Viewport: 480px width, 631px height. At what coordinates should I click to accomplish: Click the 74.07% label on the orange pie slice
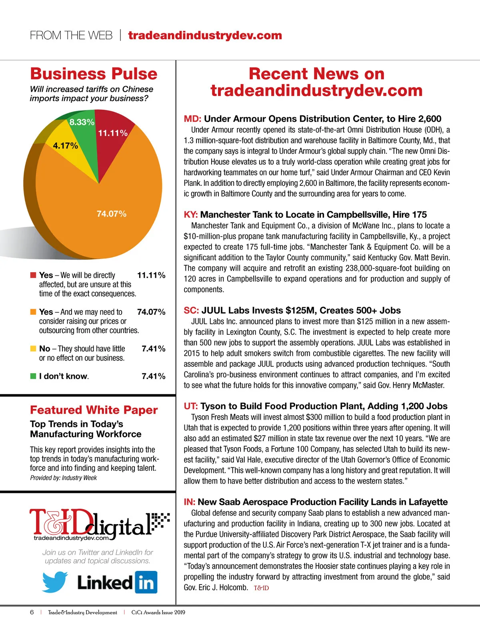[112, 214]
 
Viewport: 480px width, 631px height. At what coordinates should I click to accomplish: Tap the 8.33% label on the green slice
[82, 122]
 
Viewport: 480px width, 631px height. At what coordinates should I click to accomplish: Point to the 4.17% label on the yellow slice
[66, 146]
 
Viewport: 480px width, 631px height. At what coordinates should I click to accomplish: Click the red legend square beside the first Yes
[33, 275]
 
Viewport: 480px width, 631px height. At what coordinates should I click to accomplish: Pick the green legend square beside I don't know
[33, 376]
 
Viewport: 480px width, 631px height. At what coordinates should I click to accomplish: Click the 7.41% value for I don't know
[153, 376]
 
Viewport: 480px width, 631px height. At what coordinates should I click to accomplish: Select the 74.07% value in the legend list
[151, 312]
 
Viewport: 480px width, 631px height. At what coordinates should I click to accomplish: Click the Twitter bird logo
[55, 582]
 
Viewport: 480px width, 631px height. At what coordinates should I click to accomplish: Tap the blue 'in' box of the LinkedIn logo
[146, 583]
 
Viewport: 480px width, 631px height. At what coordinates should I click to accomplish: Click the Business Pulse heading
[94, 74]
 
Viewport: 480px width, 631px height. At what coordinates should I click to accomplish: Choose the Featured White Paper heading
[94, 410]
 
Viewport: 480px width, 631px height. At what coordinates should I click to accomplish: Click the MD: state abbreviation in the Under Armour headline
[192, 119]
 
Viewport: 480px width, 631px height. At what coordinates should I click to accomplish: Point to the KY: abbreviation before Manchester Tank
[191, 215]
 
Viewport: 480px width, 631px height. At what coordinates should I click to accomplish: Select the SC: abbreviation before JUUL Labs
[191, 310]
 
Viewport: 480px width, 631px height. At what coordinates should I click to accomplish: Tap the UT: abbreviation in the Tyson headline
[191, 406]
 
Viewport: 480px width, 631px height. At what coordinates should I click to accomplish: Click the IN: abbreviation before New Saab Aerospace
[190, 502]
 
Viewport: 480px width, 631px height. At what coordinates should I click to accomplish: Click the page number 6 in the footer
[32, 612]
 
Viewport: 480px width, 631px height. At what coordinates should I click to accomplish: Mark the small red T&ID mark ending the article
[261, 588]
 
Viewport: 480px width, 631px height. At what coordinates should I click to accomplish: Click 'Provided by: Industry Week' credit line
[63, 478]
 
